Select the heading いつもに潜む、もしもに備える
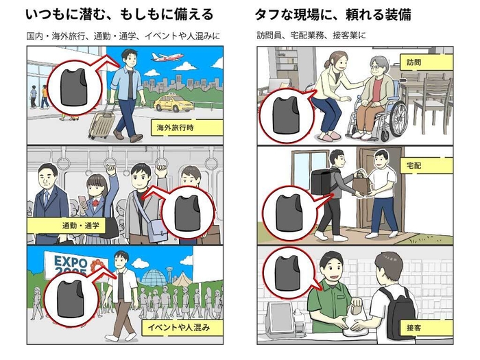pos(119,13)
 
